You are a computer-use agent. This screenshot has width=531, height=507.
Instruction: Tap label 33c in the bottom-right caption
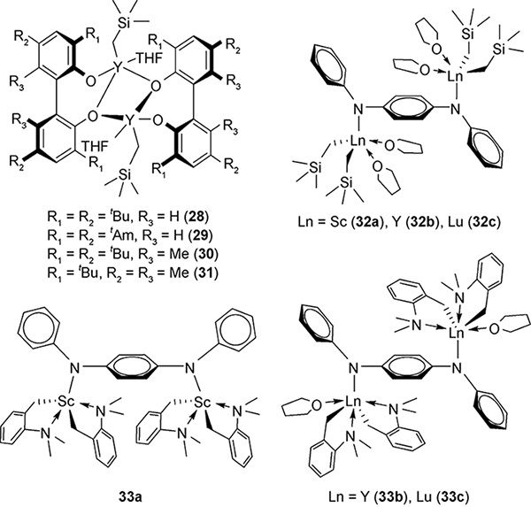pos(455,497)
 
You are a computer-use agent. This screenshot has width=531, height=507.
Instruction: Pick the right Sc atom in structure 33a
pos(204,402)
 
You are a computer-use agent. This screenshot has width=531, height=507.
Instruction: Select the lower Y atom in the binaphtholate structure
pos(130,119)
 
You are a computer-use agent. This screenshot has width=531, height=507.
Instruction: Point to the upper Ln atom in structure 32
pos(455,77)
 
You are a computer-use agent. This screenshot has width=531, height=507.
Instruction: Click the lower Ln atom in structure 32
pos(358,142)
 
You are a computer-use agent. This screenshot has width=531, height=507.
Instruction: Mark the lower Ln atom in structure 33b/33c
pos(353,403)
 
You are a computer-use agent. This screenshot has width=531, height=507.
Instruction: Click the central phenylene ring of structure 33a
pos(132,366)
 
